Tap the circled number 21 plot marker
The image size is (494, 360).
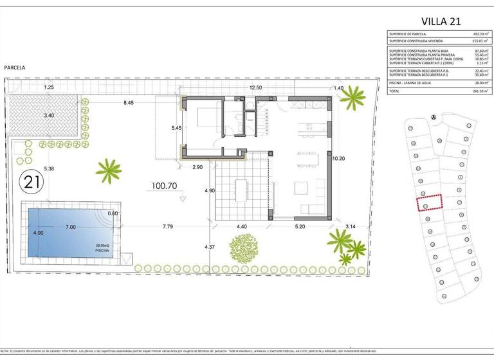(31, 182)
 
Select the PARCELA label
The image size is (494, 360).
(15, 67)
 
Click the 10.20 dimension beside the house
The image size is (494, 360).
(339, 157)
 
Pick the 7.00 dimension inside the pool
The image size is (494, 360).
(70, 227)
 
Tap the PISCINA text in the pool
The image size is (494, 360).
(103, 252)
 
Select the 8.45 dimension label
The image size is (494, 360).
(129, 102)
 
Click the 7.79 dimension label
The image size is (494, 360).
(169, 226)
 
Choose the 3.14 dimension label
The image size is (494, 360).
(350, 226)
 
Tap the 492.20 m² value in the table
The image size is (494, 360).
(471, 34)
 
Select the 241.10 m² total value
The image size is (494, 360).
(471, 91)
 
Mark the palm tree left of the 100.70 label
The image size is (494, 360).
(108, 171)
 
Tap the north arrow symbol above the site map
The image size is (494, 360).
(434, 117)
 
